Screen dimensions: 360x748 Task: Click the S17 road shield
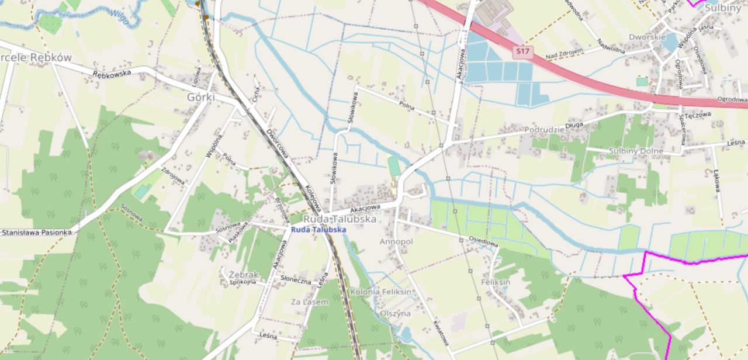tap(523, 52)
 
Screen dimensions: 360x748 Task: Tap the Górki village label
tap(200, 98)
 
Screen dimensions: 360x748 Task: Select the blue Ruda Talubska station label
tap(318, 230)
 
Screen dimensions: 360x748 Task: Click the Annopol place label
tap(396, 241)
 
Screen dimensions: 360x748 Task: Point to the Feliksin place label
tap(496, 282)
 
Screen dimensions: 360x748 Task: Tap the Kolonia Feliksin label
tap(380, 291)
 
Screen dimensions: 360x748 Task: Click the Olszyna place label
tap(395, 313)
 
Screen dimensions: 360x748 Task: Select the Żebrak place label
tap(244, 275)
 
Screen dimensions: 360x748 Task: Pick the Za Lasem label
tap(309, 302)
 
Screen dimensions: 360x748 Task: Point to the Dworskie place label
tap(647, 37)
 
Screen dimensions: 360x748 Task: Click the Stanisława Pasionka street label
tap(36, 232)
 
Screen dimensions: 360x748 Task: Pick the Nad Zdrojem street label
tap(565, 54)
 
